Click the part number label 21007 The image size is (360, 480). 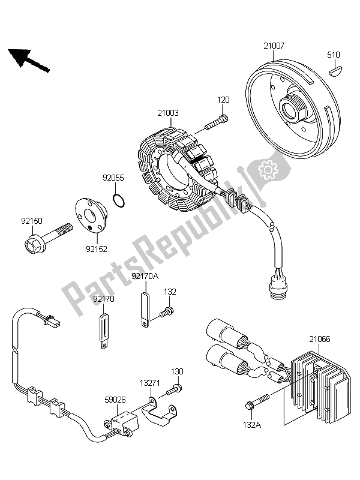point(272,46)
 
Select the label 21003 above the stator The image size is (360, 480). point(169,112)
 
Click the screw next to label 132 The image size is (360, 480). point(167,311)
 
